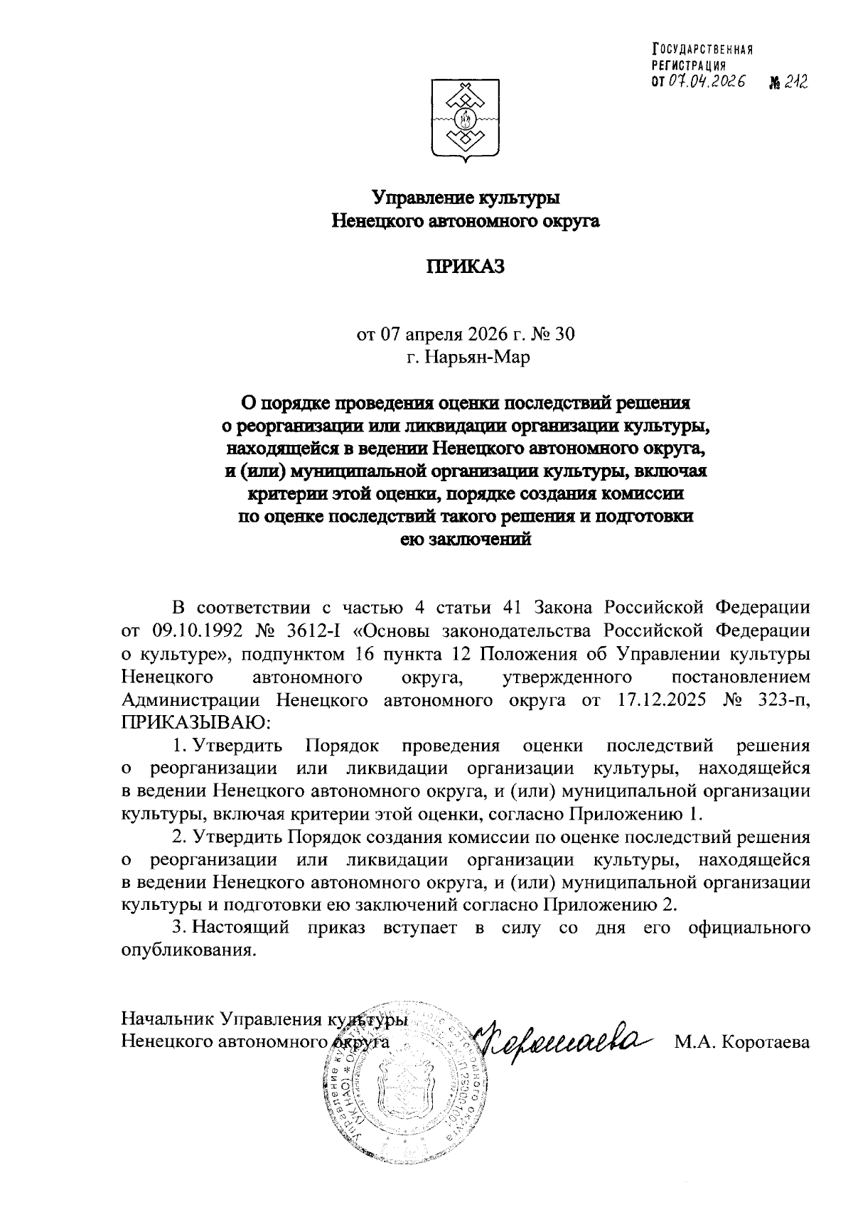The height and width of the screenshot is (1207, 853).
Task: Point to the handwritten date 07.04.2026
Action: (704, 82)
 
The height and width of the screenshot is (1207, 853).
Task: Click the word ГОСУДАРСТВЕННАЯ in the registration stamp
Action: (702, 49)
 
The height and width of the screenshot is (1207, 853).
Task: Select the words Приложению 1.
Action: (635, 813)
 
